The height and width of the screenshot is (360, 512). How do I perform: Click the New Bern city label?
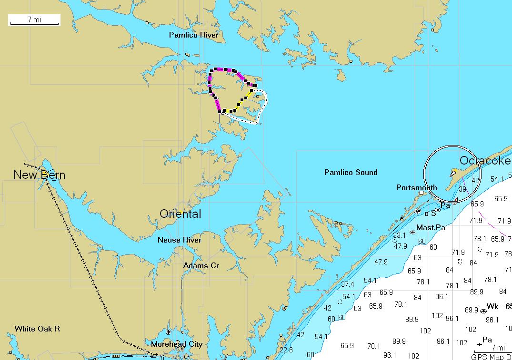coord(39,175)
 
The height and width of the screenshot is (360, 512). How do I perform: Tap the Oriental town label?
coord(180,214)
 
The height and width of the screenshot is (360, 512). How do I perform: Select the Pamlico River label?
coord(193,35)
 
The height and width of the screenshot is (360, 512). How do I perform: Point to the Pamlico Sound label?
coord(351,172)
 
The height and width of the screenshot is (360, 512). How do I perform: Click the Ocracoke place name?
coord(484,161)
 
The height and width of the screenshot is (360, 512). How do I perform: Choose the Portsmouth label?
coord(416,187)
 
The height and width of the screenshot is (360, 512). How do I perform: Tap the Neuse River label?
coord(180,240)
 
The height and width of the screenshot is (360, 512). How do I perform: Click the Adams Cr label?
coord(201,265)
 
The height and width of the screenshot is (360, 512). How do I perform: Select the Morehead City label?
coord(177,344)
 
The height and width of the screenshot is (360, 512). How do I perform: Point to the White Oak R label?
coord(37,329)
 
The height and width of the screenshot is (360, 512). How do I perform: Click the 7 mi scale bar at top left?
coord(34,20)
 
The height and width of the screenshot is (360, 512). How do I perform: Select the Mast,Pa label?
coord(431,228)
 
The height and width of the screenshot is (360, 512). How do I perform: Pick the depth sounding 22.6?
coord(286,350)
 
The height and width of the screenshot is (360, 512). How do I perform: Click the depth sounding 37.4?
coord(347,284)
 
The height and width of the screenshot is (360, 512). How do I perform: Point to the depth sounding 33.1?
coord(399,235)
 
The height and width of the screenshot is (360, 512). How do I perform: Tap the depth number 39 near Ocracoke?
coord(462,189)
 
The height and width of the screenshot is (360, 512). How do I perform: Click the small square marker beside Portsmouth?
coord(421,193)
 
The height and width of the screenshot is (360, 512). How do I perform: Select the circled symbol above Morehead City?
coord(168,331)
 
